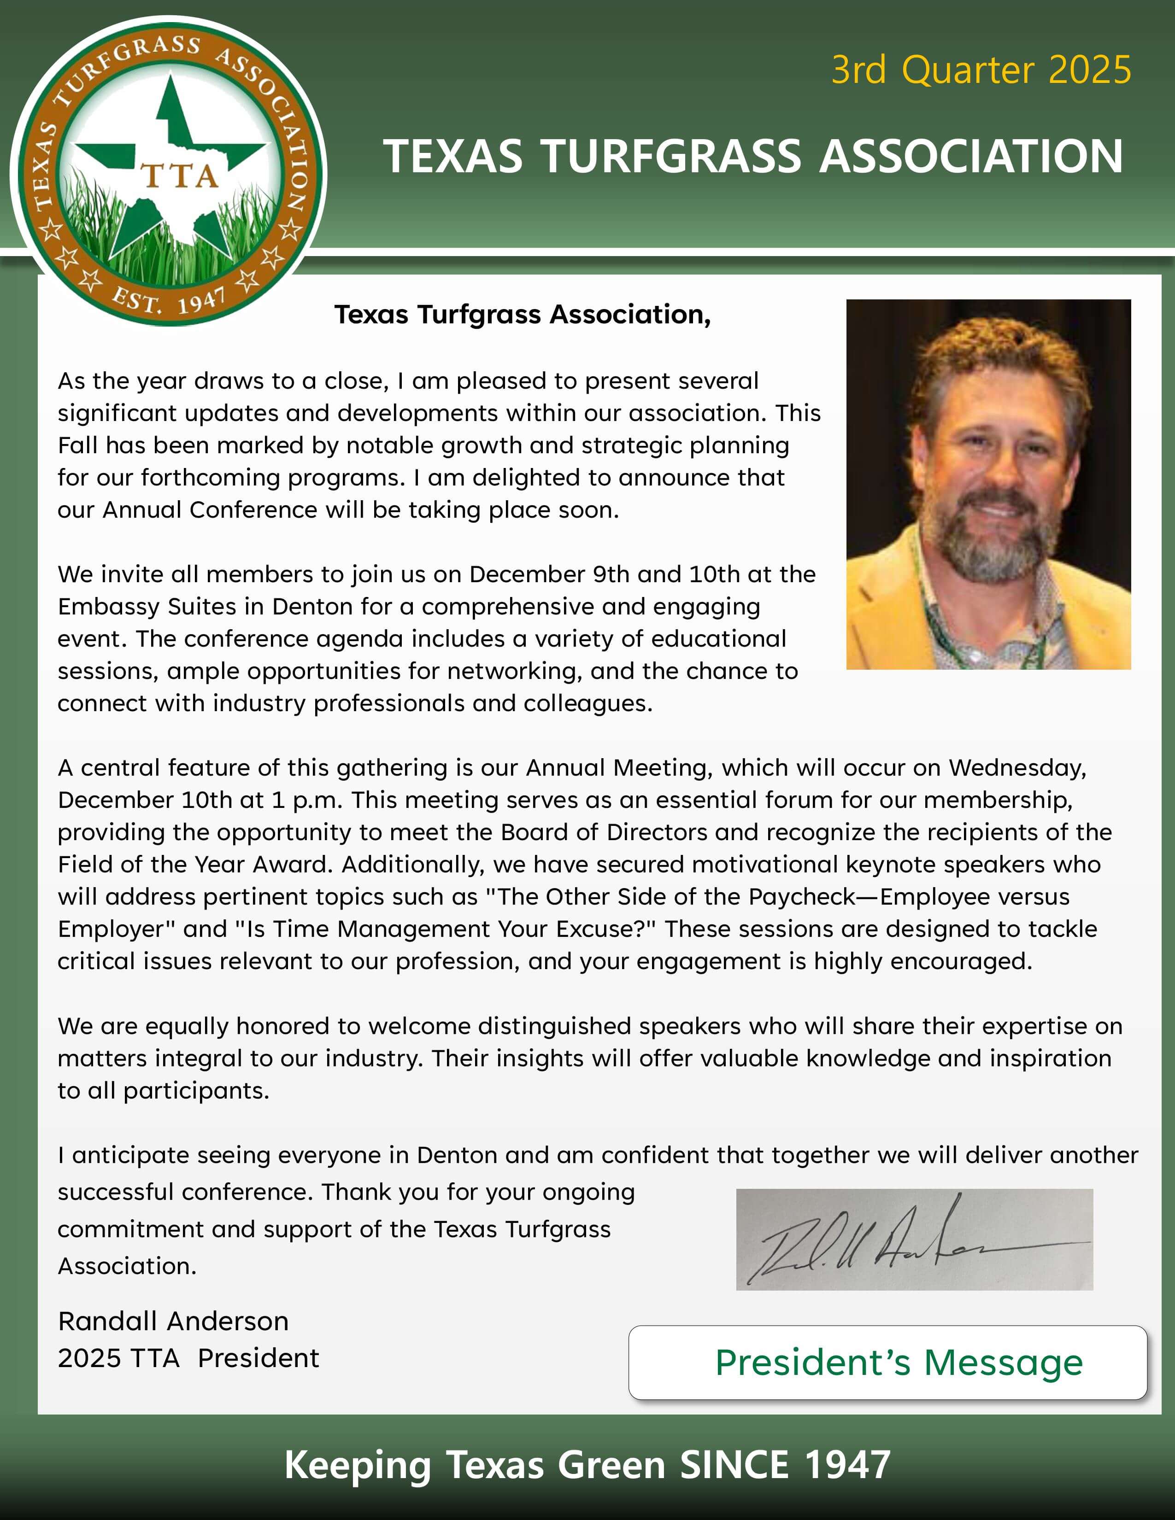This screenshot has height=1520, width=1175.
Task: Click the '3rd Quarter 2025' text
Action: [981, 70]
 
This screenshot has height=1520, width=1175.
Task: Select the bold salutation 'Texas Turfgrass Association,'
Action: [522, 315]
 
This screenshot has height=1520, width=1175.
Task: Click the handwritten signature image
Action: [914, 1239]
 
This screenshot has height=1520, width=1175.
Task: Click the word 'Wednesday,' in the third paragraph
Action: [1017, 768]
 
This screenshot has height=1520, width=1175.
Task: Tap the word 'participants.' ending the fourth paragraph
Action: [195, 1091]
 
